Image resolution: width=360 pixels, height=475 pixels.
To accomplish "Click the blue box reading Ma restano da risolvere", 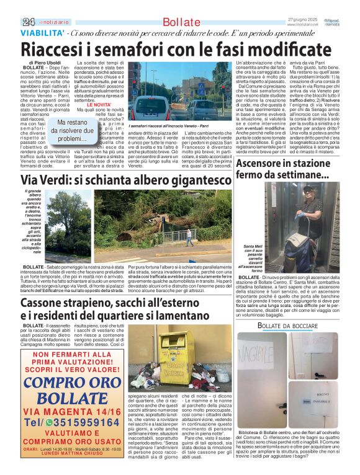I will tap(68, 131).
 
